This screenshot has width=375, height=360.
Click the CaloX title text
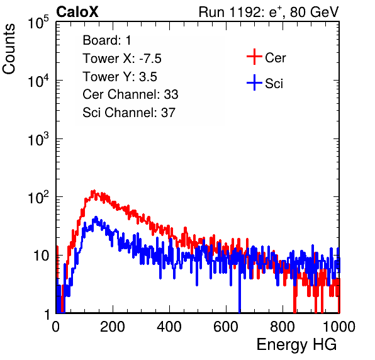(77, 12)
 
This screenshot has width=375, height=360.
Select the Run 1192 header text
(269, 12)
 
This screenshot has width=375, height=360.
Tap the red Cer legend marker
(254, 57)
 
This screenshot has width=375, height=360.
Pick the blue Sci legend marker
(254, 82)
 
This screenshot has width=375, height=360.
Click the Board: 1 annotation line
(107, 40)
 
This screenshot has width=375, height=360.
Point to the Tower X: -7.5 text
(122, 59)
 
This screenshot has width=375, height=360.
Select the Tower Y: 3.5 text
(120, 77)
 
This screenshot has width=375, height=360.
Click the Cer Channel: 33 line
(130, 94)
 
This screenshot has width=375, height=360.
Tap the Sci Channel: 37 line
(129, 113)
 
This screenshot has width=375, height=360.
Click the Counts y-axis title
(9, 48)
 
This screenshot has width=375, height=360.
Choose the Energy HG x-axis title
(296, 345)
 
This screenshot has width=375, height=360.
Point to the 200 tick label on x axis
(113, 327)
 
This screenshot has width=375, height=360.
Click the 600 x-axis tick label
(226, 327)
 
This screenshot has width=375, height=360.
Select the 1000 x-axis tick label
(339, 327)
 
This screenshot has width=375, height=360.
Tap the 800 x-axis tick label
(283, 327)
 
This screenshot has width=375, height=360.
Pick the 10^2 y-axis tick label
(38, 197)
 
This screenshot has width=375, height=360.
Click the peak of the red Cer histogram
(93, 191)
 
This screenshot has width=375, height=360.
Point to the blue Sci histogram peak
(96, 217)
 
